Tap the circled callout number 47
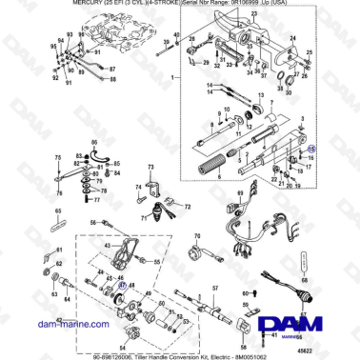[121, 282]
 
